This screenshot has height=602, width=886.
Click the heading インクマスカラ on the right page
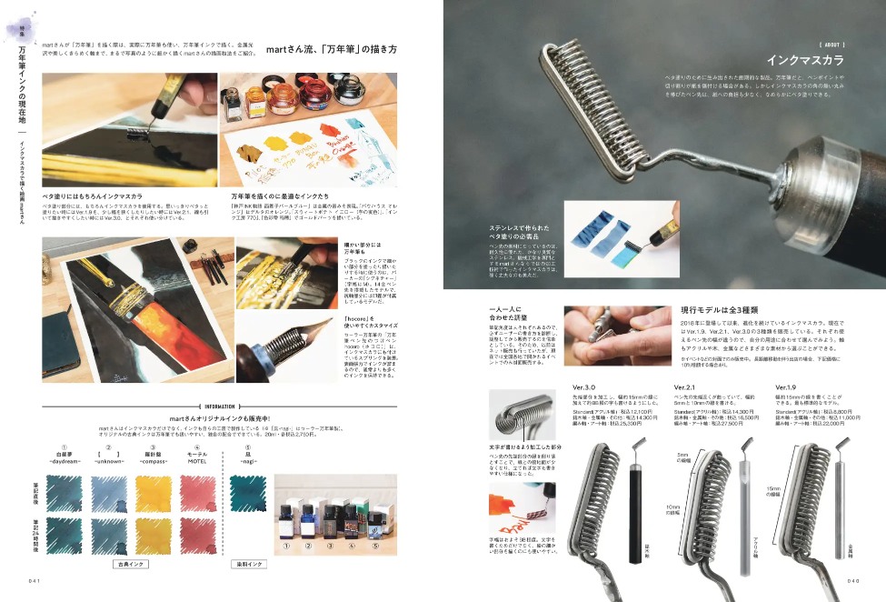pyautogui.click(x=805, y=61)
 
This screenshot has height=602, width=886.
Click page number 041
pyautogui.click(x=35, y=579)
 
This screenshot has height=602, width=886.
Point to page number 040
pyautogui.click(x=852, y=579)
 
